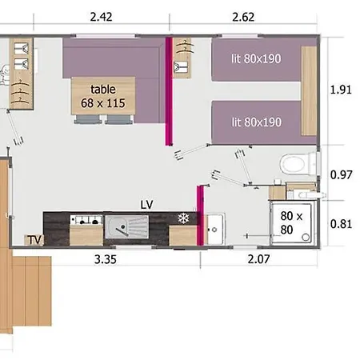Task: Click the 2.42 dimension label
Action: (x=101, y=17)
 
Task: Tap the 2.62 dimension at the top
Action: (x=243, y=18)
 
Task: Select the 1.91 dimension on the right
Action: (x=341, y=90)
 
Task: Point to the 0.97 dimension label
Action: (x=342, y=175)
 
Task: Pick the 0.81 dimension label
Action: (x=342, y=224)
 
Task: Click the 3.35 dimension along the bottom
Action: (x=106, y=259)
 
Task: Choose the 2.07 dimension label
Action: (x=258, y=259)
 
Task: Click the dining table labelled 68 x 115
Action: (x=103, y=96)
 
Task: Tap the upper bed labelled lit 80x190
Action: (x=256, y=59)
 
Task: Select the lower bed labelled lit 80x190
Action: (x=256, y=122)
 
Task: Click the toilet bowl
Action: (x=292, y=165)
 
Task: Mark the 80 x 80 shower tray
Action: (x=292, y=223)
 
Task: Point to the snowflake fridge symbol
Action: (x=184, y=218)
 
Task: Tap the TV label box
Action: (x=34, y=240)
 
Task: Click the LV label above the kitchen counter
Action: (x=147, y=205)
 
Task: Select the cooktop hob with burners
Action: (x=86, y=220)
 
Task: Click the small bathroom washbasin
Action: (x=214, y=229)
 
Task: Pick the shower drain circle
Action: (x=306, y=237)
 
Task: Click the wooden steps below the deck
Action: (x=32, y=291)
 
